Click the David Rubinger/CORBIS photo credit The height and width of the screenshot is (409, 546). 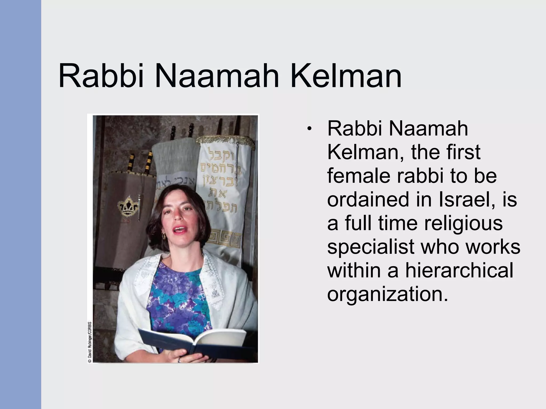[90, 342]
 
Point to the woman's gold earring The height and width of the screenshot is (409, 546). [164, 235]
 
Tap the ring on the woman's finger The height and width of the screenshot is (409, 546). [179, 360]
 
